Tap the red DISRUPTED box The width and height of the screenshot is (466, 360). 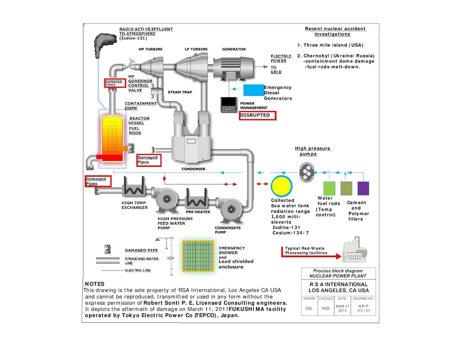point(257,115)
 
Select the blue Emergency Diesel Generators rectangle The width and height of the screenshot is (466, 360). point(253,90)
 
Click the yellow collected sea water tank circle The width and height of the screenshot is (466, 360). point(282,186)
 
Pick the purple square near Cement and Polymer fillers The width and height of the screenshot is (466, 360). point(363,188)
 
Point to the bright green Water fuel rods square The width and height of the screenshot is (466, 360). point(329,188)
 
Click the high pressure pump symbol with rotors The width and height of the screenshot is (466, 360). point(307,172)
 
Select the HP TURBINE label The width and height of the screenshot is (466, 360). point(150,49)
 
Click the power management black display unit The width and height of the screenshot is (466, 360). point(229,104)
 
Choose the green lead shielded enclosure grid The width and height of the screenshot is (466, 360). point(198,256)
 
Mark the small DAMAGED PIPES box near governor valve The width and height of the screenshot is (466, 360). point(115,83)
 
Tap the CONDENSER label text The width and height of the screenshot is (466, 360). point(193,169)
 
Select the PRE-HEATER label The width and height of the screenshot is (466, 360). point(198,212)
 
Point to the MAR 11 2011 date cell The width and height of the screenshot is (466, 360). point(342,308)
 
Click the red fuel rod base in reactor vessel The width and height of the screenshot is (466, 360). point(110,157)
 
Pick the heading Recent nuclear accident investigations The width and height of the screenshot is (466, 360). point(335,31)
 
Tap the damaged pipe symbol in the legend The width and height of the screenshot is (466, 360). point(108,249)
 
